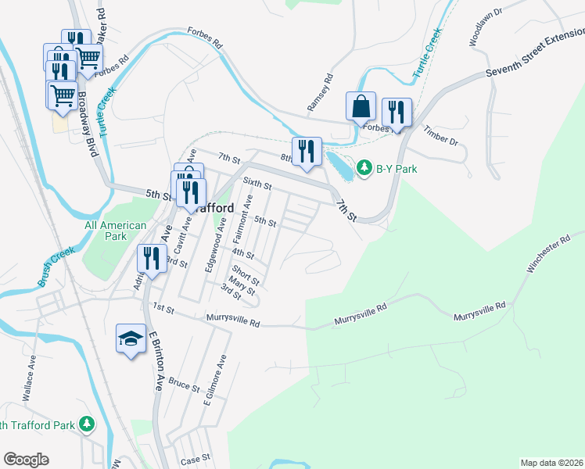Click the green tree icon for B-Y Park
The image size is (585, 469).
(x=364, y=168)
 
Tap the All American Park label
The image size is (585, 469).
(x=115, y=231)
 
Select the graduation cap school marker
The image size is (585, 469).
(x=131, y=338)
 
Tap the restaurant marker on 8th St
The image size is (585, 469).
(x=307, y=151)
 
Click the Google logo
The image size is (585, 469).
(x=26, y=460)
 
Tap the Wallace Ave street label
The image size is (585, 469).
(x=30, y=378)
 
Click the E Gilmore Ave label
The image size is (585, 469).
(x=214, y=381)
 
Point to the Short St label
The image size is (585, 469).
(x=245, y=274)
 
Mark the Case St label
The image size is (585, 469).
(x=196, y=458)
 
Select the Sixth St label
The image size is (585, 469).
(x=257, y=184)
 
